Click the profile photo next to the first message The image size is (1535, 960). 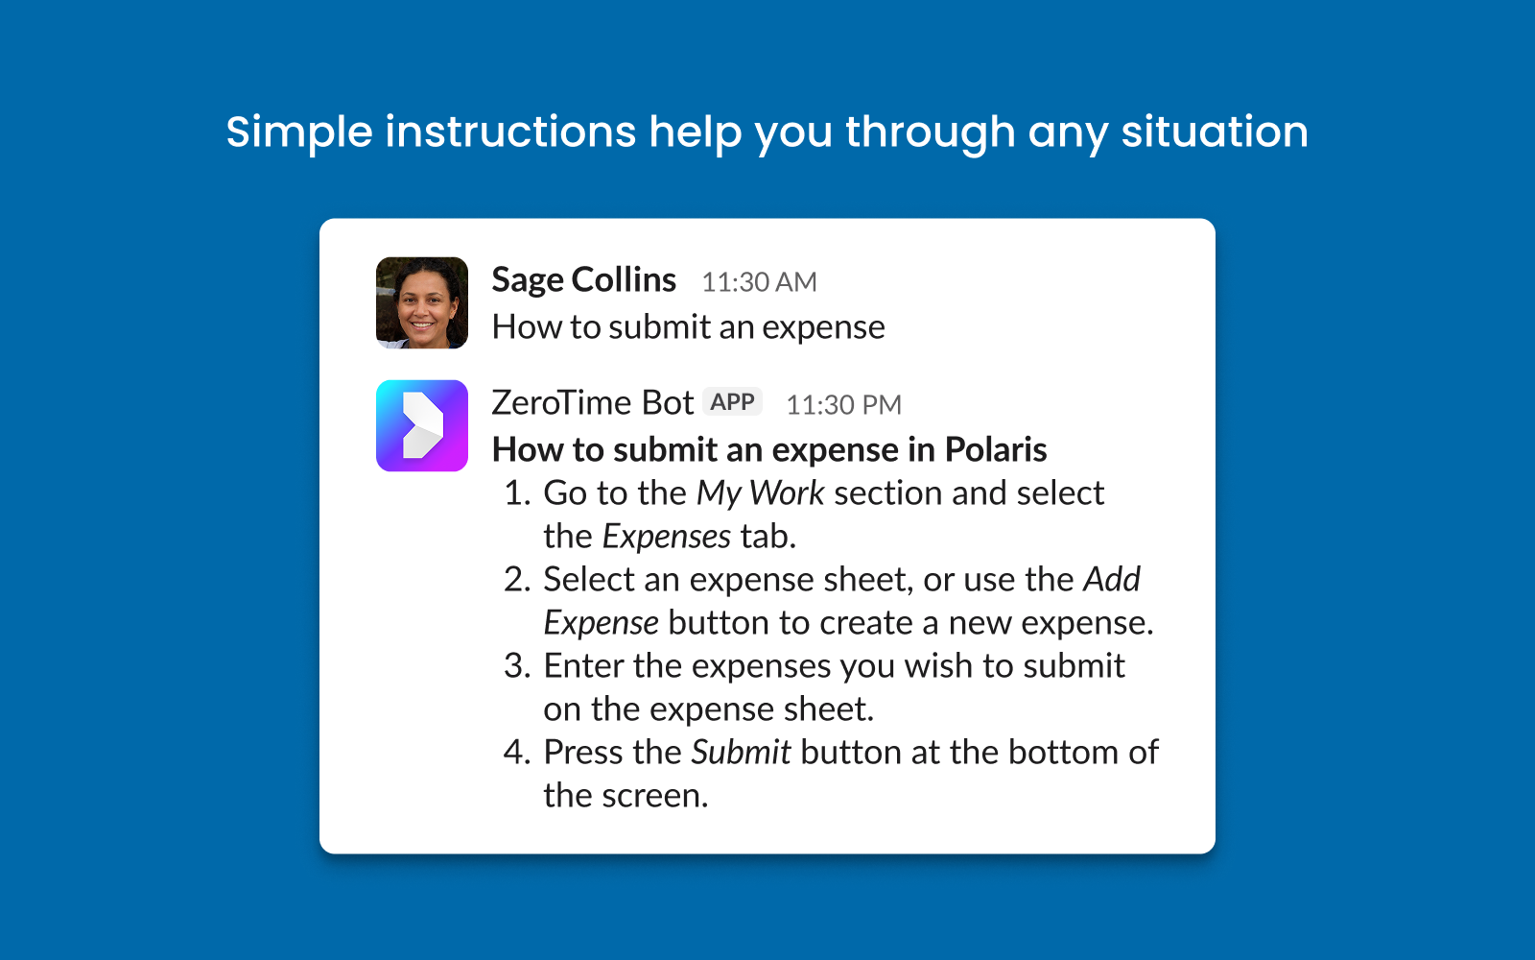point(422,302)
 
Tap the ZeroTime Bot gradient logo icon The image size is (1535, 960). point(422,425)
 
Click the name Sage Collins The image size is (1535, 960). point(583,280)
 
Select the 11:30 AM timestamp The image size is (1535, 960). point(759,282)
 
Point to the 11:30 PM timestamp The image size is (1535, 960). point(843,405)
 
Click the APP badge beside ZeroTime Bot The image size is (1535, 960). point(733,402)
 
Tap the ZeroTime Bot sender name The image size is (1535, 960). point(592,403)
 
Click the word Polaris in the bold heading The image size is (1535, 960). point(996,449)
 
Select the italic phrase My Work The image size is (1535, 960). point(760,493)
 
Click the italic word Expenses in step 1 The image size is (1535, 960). point(667,537)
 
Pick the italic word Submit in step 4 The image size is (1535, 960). point(741,753)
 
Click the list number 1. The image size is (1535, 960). point(516,493)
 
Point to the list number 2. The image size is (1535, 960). point(516,580)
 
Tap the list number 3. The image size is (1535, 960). point(516,666)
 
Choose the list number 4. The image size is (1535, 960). point(516,753)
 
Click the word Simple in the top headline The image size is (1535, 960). point(298,132)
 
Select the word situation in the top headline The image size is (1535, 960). point(1215,132)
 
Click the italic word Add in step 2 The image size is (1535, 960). point(1112,580)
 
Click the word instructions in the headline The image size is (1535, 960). point(510,132)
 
